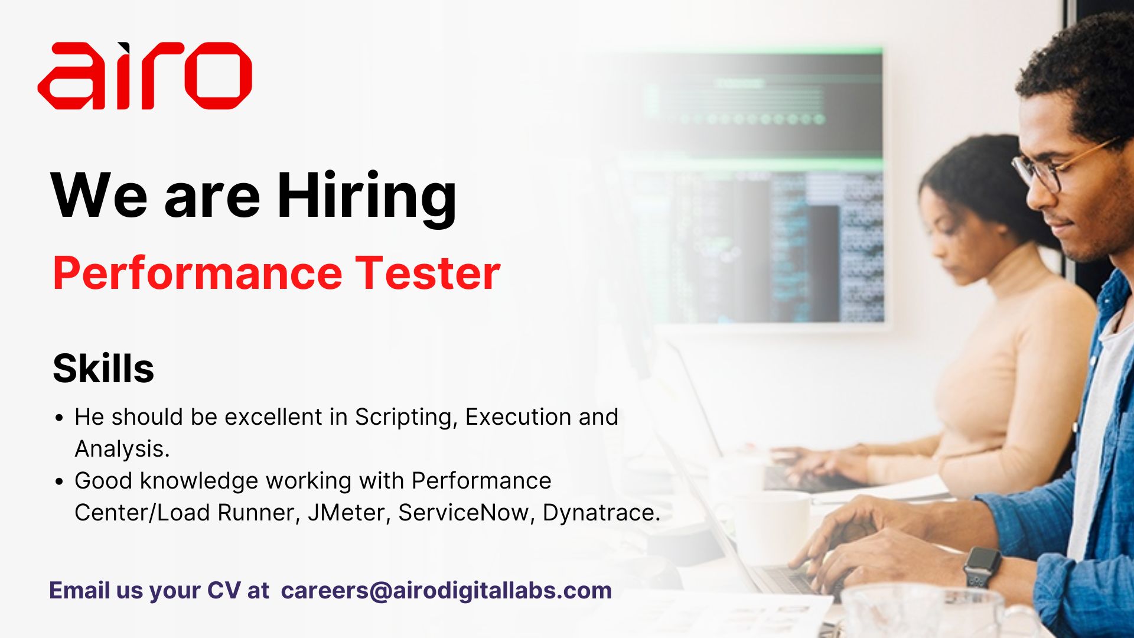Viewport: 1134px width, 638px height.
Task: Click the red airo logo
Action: click(x=145, y=76)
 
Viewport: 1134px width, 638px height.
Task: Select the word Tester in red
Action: click(x=427, y=273)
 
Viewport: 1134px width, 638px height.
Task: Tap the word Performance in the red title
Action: click(x=198, y=273)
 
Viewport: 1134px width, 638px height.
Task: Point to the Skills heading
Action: click(x=103, y=369)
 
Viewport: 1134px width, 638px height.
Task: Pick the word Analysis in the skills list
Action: click(x=122, y=449)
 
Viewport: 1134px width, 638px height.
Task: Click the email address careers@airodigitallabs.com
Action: click(x=446, y=591)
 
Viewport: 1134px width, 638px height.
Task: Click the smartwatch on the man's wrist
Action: click(x=982, y=566)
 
